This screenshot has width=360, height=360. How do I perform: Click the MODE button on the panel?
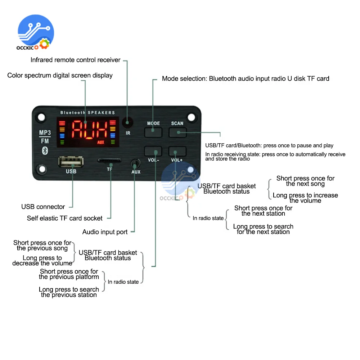click(x=153, y=132)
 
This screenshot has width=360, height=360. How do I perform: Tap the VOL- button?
click(x=153, y=151)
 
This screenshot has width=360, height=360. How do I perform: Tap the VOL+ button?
click(x=177, y=151)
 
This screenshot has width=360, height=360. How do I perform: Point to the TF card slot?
click(x=109, y=161)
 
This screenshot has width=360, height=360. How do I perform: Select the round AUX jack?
click(x=135, y=163)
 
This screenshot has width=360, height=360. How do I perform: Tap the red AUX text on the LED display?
click(x=101, y=143)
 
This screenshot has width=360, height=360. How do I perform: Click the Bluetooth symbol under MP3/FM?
click(x=45, y=151)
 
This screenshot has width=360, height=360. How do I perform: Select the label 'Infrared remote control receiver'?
click(x=75, y=60)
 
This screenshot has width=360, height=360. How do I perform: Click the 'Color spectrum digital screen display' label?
click(x=60, y=76)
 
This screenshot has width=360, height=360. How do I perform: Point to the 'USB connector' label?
click(x=43, y=207)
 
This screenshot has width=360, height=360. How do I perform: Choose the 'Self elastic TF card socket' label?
click(x=64, y=218)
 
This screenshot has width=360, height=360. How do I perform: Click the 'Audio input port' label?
click(x=105, y=232)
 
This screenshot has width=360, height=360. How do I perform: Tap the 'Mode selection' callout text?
click(x=246, y=78)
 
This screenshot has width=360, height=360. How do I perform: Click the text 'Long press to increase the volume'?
click(x=305, y=198)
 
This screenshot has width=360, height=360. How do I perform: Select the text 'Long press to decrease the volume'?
click(x=42, y=261)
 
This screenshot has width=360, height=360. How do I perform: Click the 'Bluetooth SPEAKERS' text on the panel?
click(x=87, y=113)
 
